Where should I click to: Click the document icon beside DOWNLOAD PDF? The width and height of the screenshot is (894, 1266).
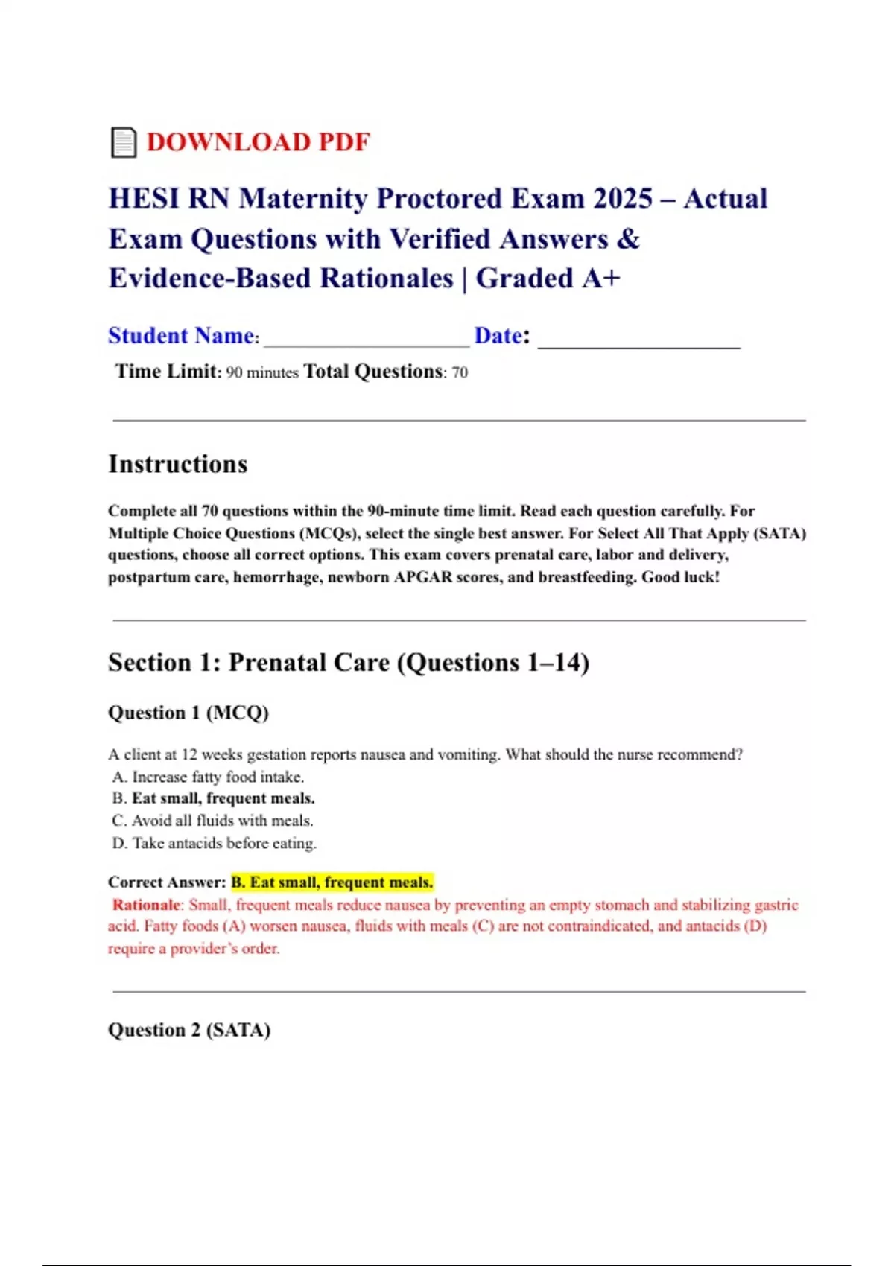(124, 142)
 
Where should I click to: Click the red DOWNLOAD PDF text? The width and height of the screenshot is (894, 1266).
(258, 142)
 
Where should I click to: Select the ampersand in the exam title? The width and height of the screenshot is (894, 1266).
(629, 239)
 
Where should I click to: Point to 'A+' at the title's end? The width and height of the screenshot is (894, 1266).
(601, 279)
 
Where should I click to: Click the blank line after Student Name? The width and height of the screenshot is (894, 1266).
(367, 340)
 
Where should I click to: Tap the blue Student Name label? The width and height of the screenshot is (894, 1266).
(181, 336)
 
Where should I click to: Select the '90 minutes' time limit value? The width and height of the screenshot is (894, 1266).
(262, 372)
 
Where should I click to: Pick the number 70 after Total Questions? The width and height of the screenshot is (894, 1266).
(460, 372)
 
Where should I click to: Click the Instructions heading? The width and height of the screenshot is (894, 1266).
(178, 464)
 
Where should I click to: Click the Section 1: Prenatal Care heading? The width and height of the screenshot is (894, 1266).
(349, 662)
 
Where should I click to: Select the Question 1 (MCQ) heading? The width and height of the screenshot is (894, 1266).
(188, 713)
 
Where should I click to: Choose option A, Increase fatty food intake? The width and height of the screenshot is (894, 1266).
(209, 777)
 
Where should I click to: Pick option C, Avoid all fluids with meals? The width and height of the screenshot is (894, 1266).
(213, 821)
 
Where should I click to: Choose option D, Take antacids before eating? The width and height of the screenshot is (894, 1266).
(215, 843)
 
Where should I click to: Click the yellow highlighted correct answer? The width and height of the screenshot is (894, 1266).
(332, 882)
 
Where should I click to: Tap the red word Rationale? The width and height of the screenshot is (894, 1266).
(146, 905)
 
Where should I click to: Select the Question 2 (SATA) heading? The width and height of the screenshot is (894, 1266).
(189, 1030)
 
